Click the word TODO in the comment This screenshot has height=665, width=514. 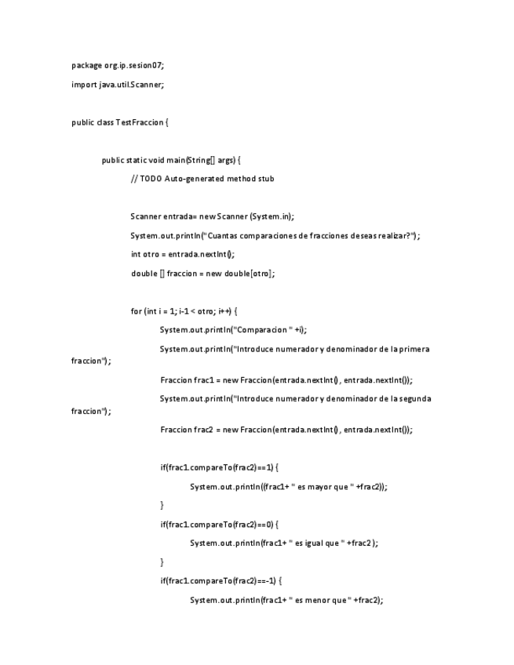pyautogui.click(x=151, y=179)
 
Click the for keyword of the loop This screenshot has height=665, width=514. pyautogui.click(x=137, y=311)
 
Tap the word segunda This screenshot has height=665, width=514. pyautogui.click(x=413, y=398)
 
